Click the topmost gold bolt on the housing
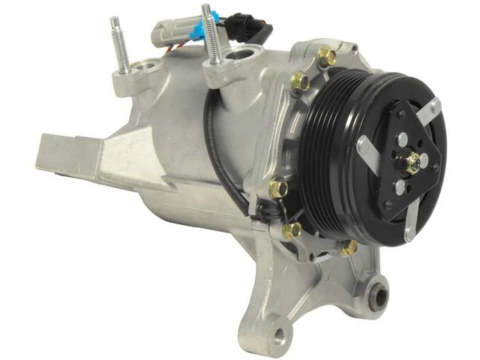point(327,57)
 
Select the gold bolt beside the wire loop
point(279,185)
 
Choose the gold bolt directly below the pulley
point(349,247)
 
